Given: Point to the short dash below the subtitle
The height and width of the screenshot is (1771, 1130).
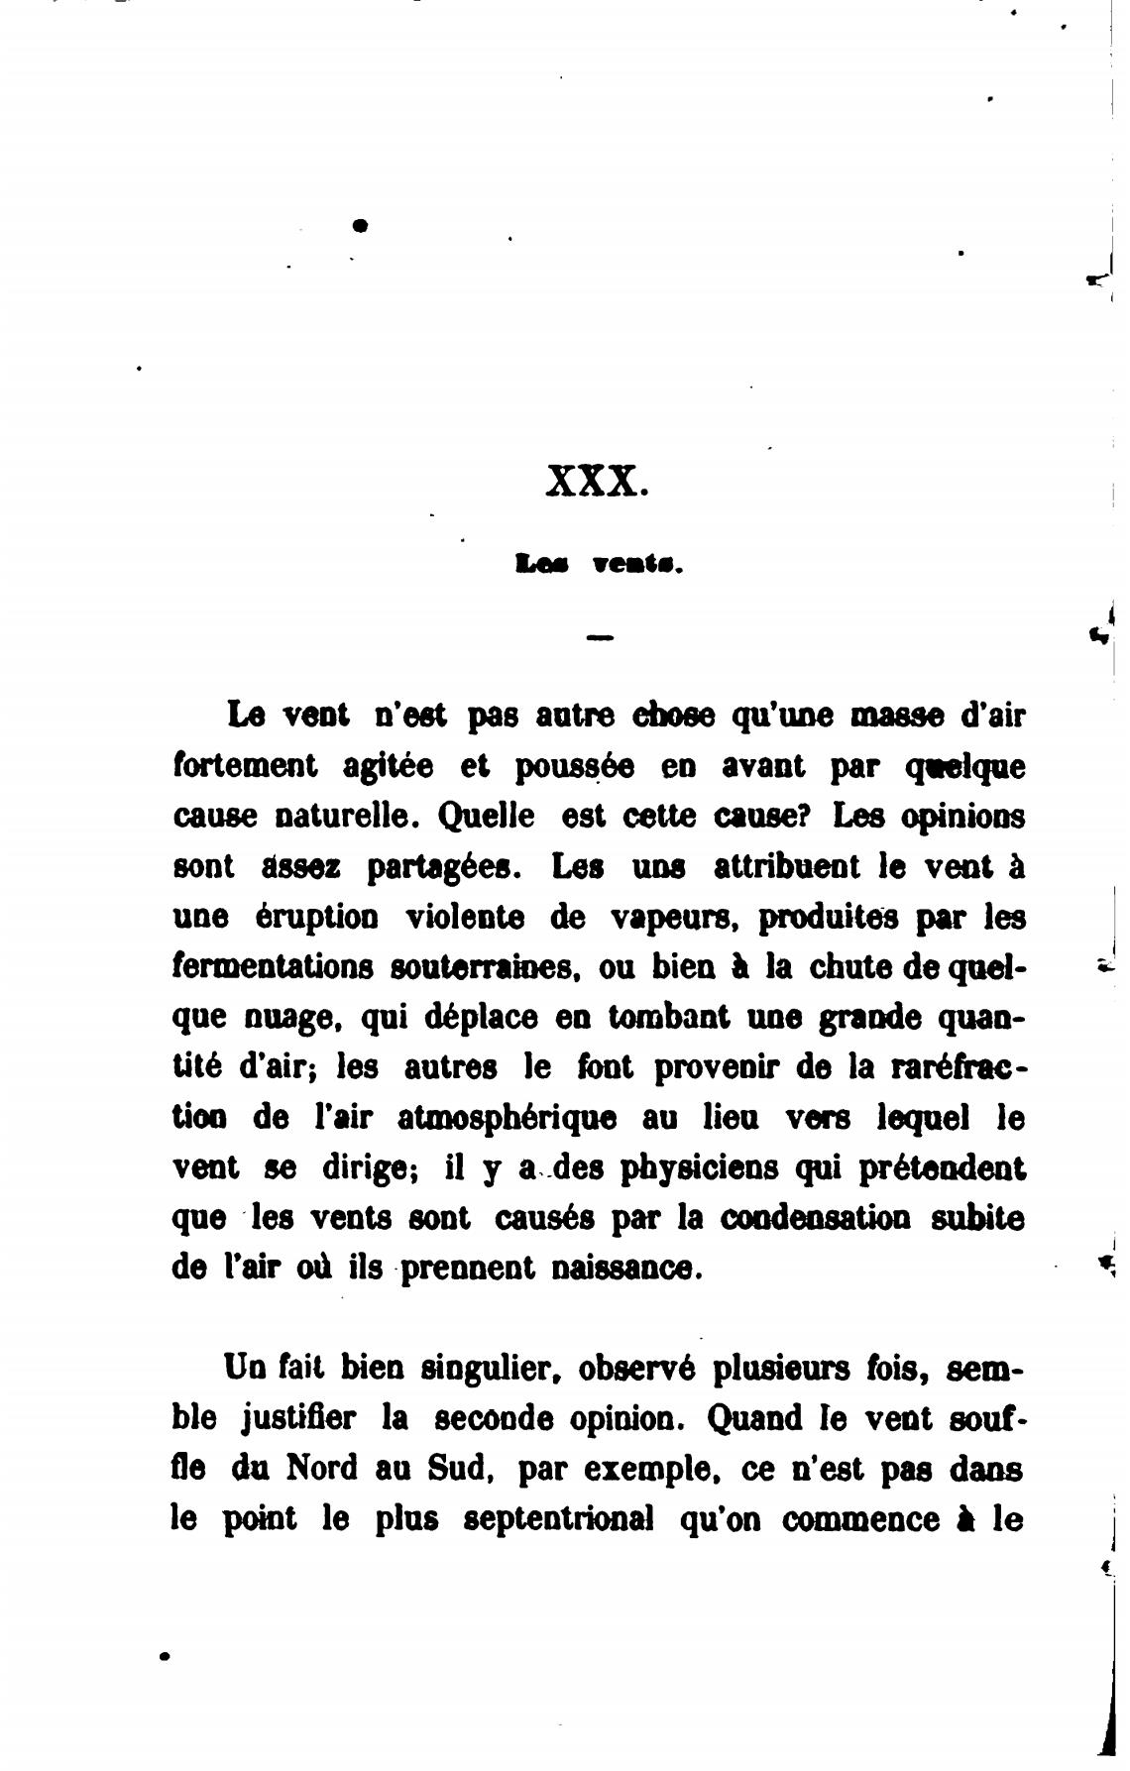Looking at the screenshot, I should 600,638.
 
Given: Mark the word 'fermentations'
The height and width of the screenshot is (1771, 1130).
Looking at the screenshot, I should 273,967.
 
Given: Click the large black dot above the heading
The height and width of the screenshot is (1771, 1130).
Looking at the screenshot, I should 361,225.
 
